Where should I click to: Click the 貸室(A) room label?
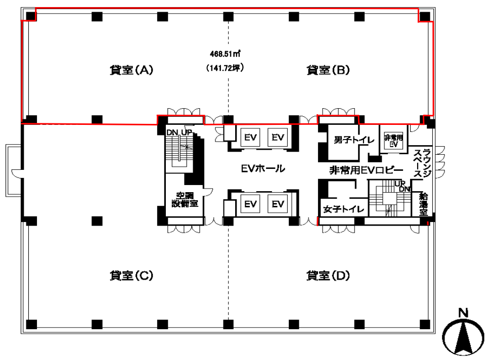[x=131, y=70]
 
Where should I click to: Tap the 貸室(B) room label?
[x=328, y=70]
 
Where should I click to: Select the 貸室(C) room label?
[x=131, y=276]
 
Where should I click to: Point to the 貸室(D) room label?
[x=328, y=276]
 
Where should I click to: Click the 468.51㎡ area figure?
[x=225, y=54]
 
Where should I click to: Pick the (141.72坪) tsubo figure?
[x=225, y=68]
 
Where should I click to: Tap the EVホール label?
[x=263, y=169]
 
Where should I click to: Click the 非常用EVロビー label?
[x=366, y=170]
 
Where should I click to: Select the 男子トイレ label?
[x=354, y=140]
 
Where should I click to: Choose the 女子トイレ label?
[x=343, y=209]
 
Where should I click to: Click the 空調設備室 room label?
[x=185, y=200]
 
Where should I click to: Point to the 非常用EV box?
[x=393, y=140]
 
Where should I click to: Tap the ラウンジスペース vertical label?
[x=422, y=163]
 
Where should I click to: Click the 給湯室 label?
[x=424, y=204]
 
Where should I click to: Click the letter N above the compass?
[x=464, y=313]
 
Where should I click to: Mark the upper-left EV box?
[x=250, y=138]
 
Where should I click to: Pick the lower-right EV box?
[x=278, y=204]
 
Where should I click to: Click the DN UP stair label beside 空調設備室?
[x=179, y=132]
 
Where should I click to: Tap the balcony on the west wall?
[x=14, y=170]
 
